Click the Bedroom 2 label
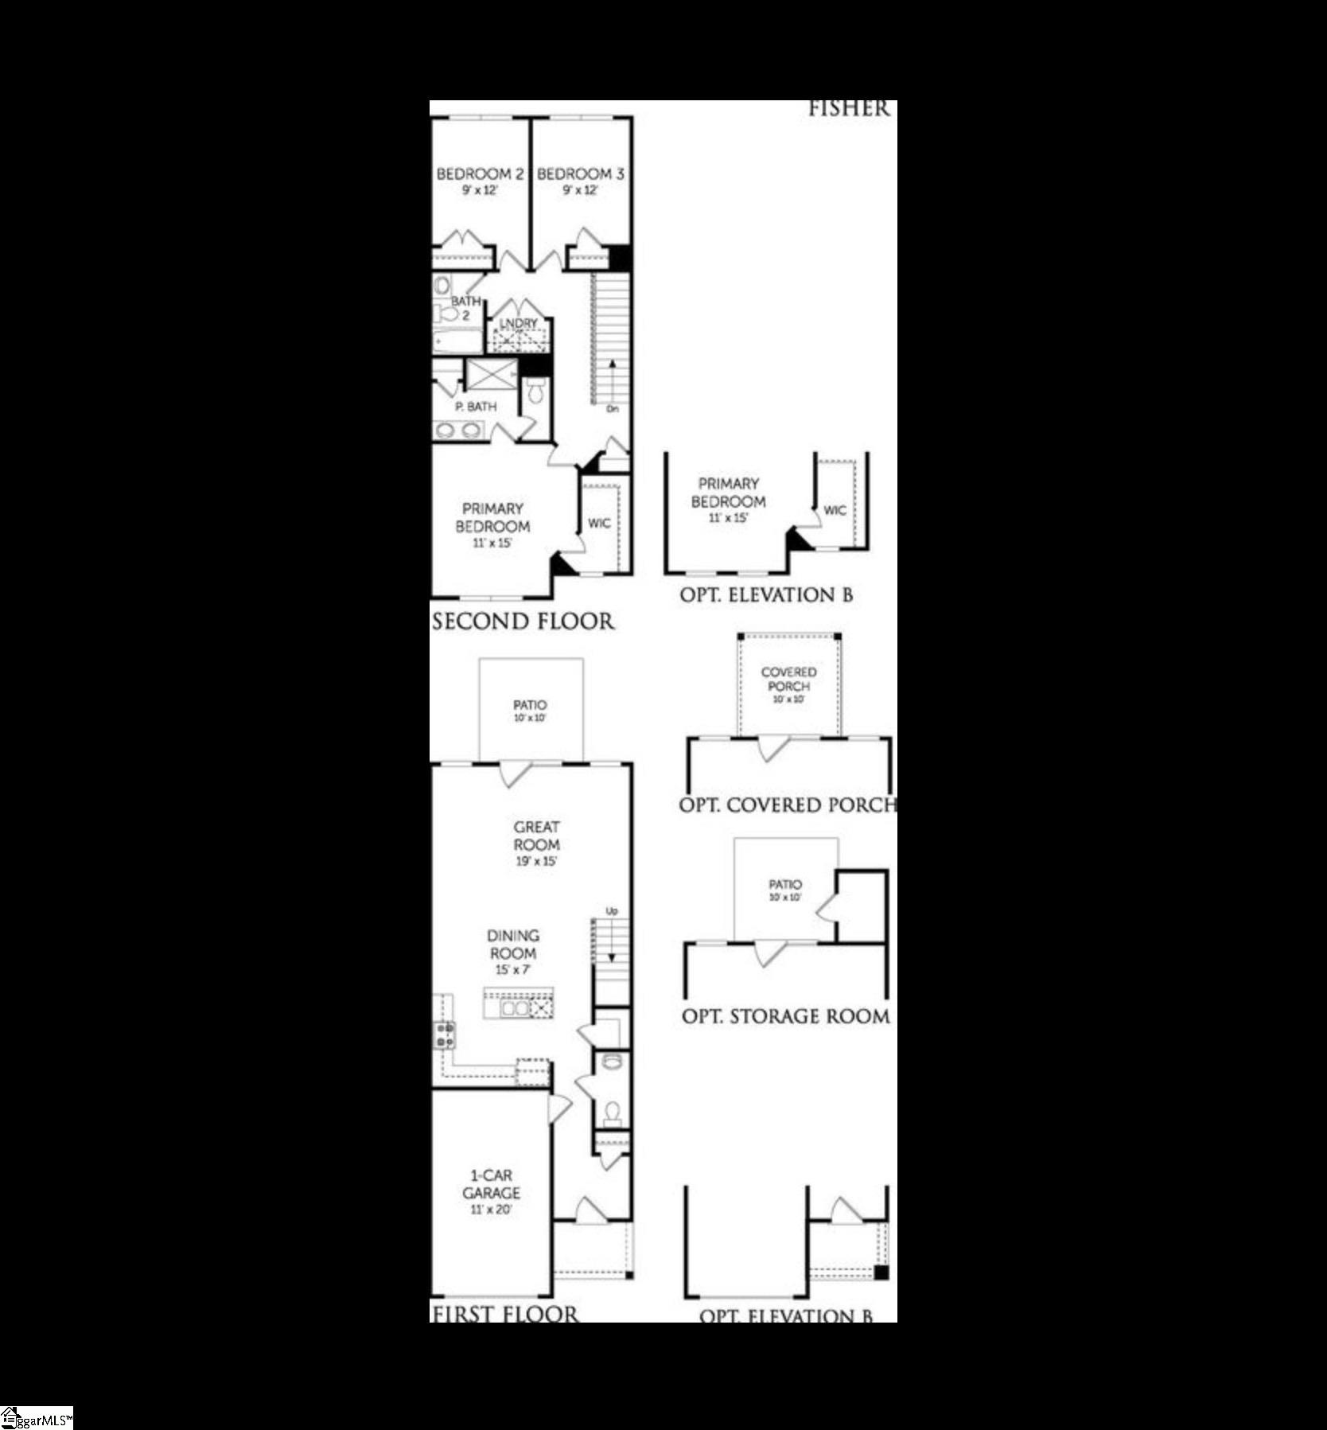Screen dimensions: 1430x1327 [479, 174]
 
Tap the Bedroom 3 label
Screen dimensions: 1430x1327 [580, 174]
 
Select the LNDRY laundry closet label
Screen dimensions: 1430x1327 [519, 323]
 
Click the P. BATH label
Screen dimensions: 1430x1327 [476, 407]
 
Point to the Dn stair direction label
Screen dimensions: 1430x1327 [612, 409]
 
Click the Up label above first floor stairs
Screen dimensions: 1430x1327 [612, 910]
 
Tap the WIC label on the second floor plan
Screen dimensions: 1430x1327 [599, 523]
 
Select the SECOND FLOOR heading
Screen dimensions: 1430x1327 [523, 621]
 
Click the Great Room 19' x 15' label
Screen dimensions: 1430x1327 [536, 844]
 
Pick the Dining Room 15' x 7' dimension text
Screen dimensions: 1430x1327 [513, 970]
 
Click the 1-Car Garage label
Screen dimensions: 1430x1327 [492, 1184]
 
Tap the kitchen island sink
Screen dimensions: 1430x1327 [514, 1008]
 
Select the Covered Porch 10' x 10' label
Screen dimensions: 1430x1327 [788, 685]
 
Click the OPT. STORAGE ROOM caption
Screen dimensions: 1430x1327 [785, 1016]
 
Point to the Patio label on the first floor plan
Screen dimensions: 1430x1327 [530, 706]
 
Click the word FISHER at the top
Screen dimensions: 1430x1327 [848, 109]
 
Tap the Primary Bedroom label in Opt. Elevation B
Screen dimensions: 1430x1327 [728, 493]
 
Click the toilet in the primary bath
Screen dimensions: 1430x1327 [536, 390]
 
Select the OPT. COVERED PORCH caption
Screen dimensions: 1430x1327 [787, 805]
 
